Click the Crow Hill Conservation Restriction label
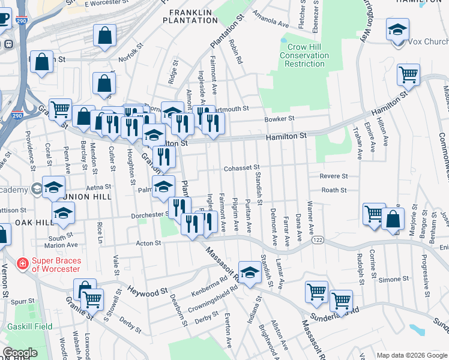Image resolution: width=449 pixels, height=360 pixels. tap(304, 55)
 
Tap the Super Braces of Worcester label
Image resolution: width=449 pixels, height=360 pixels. tap(55, 264)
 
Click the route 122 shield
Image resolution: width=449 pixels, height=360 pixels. tap(318, 240)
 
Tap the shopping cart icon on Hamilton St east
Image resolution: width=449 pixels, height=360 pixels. tap(408, 76)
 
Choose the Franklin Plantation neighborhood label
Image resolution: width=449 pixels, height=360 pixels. tap(193, 16)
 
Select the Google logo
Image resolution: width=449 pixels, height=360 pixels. tap(20, 353)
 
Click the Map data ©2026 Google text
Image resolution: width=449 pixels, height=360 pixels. tap(411, 355)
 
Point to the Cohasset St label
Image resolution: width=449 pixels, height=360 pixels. tap(241, 169)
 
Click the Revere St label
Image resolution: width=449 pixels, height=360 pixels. tap(334, 176)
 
